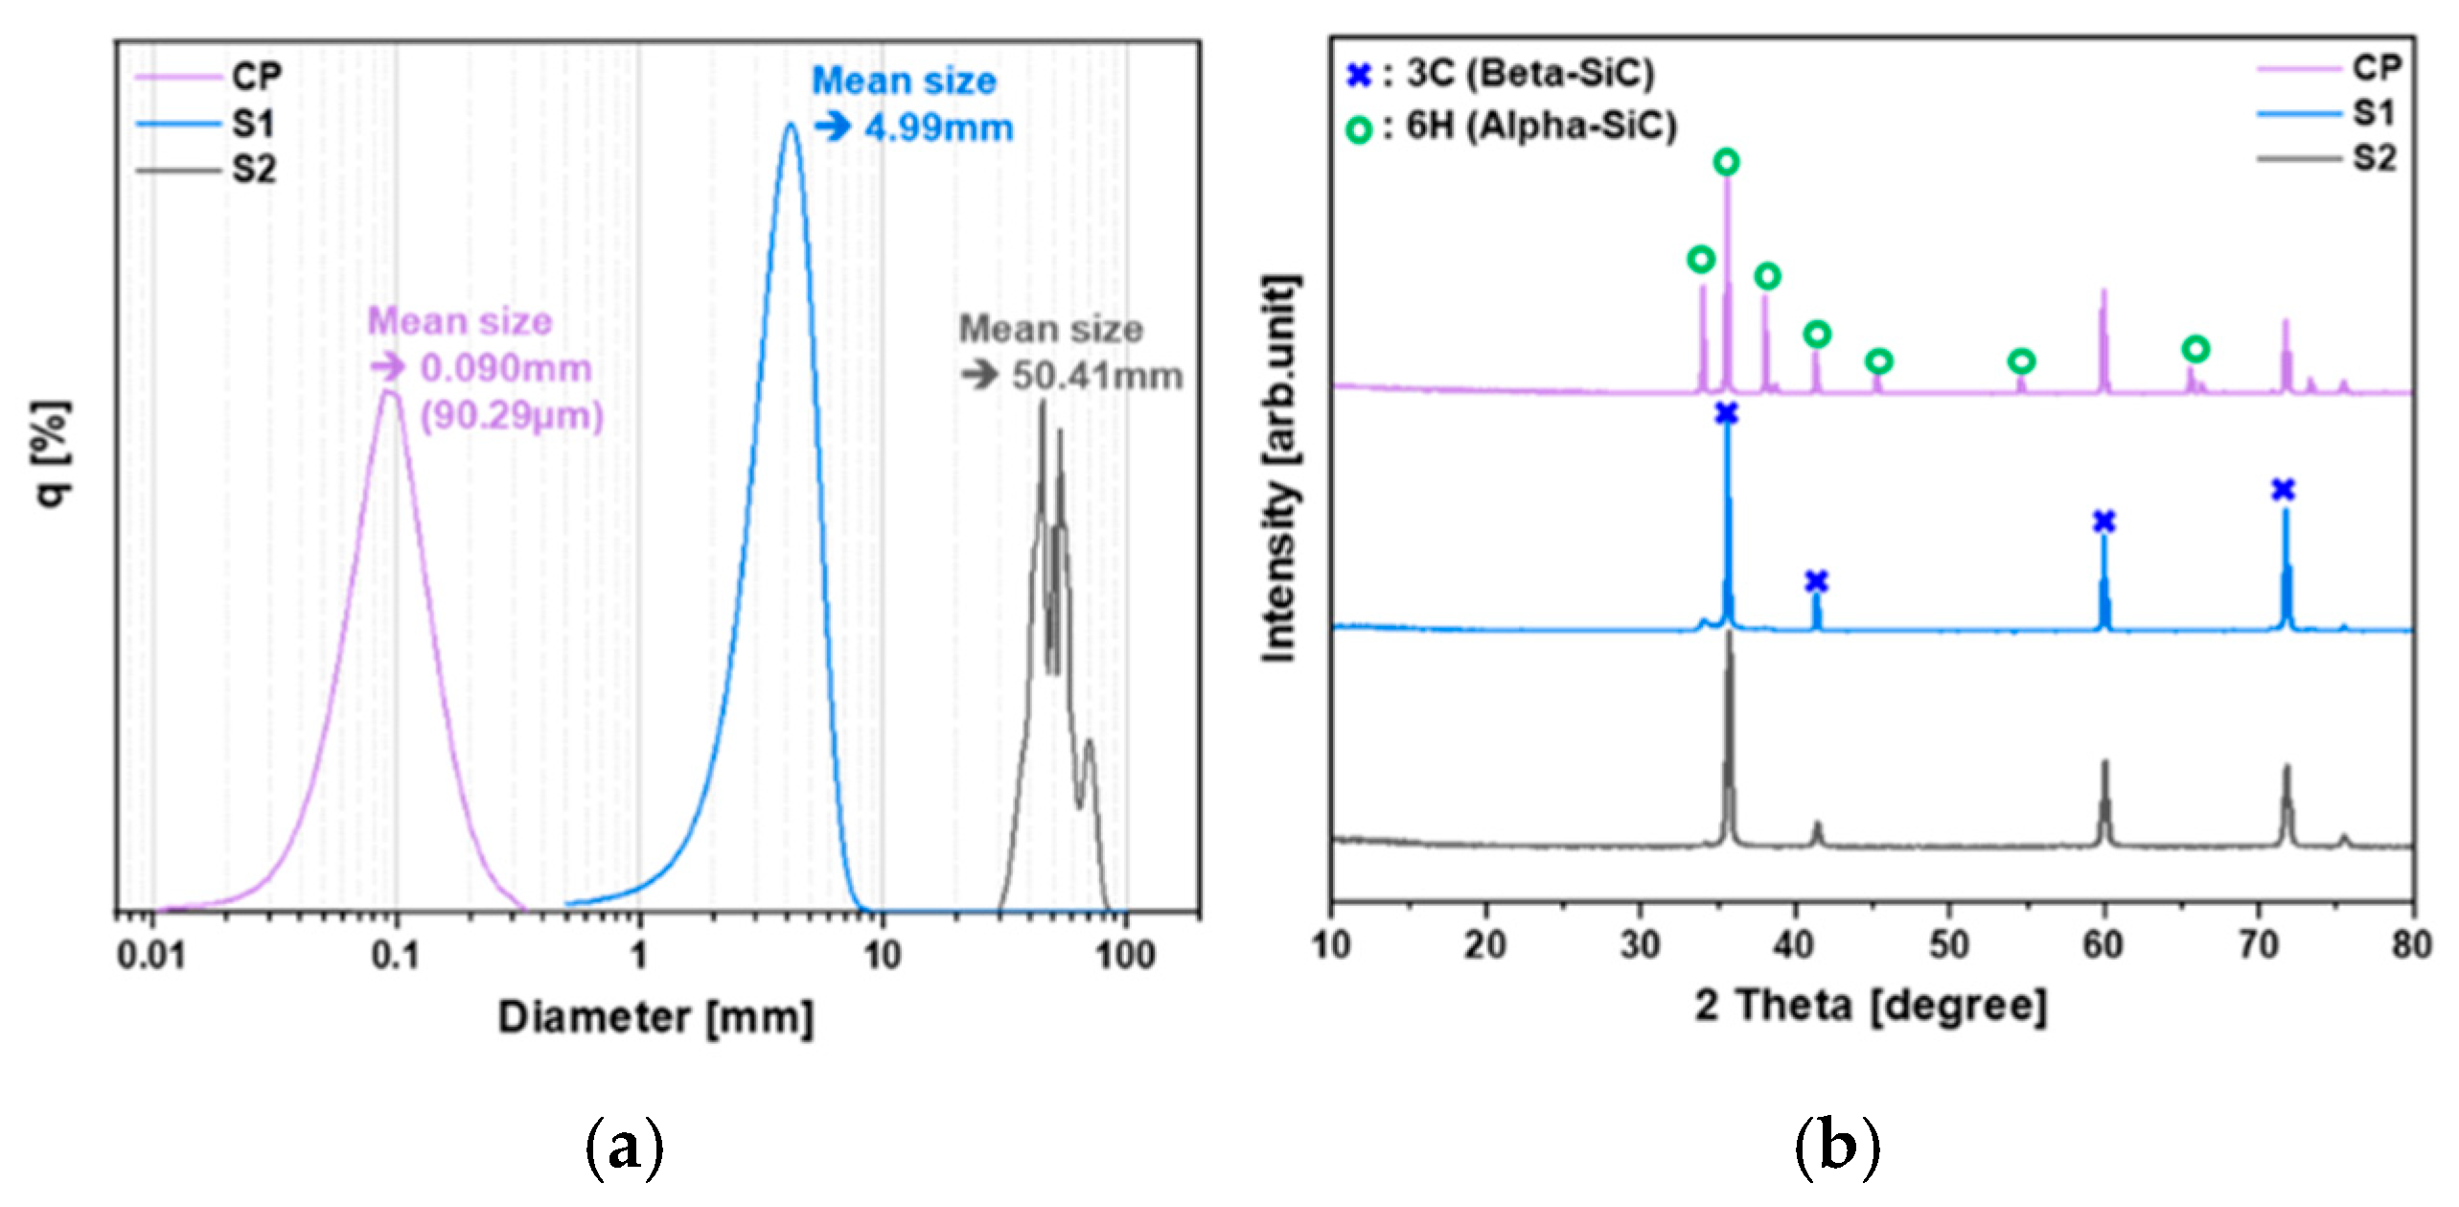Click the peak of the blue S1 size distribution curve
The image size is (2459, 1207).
790,126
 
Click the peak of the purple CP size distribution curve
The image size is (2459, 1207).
388,392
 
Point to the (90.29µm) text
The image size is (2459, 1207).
512,416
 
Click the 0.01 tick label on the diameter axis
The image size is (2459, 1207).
151,956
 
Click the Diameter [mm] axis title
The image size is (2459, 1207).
655,1017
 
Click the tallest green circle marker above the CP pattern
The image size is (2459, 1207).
1726,162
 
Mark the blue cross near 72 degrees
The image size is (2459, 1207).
2284,490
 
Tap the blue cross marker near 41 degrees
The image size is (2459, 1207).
1816,581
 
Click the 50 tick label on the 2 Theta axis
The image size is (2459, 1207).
1948,946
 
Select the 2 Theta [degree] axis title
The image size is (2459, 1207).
1871,1007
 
